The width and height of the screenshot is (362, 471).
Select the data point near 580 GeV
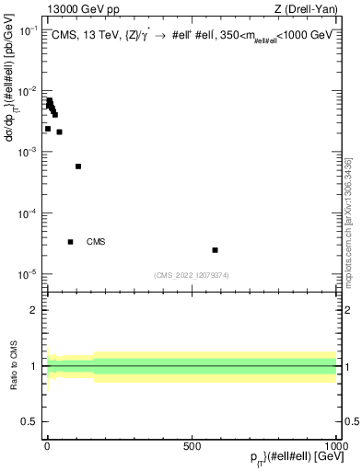[x=215, y=250]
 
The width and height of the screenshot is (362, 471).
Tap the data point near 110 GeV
[x=78, y=167]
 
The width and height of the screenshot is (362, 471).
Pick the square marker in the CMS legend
[x=71, y=242]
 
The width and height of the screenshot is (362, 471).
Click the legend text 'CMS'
[x=96, y=242]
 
